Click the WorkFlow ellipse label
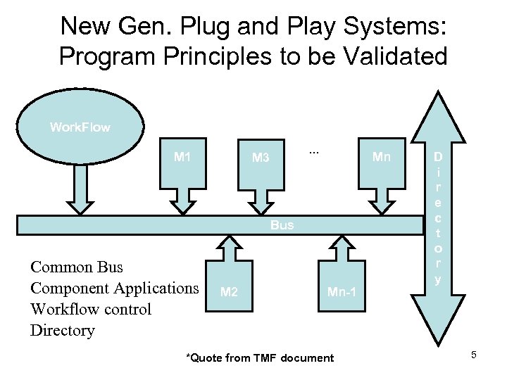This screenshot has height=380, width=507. [x=80, y=127]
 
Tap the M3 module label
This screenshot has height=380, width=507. [x=261, y=158]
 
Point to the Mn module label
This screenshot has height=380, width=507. [x=381, y=157]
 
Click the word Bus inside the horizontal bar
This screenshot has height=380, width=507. [x=282, y=225]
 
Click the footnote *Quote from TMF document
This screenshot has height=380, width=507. [x=259, y=358]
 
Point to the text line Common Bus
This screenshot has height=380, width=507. [x=76, y=267]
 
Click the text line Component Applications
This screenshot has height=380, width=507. [x=114, y=289]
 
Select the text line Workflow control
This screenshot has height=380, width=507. [x=90, y=310]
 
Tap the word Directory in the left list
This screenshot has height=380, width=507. [x=62, y=331]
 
